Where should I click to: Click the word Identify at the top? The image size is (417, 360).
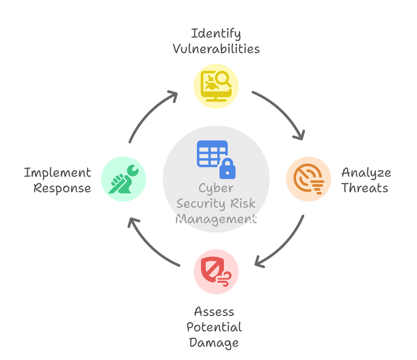[x=216, y=34]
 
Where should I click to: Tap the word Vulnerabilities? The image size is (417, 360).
[x=216, y=49]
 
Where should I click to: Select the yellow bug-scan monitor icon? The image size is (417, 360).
[x=216, y=86]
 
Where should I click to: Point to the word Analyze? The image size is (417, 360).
[x=366, y=173]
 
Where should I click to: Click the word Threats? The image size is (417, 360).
[x=365, y=188]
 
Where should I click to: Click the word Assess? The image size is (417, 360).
[x=214, y=312]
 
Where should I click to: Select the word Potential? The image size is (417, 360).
[x=214, y=327]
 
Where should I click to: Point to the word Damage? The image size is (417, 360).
[x=214, y=342]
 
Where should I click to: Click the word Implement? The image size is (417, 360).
[x=57, y=173]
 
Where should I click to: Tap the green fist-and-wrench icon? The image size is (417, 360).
[x=123, y=179]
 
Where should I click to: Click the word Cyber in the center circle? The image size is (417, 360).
[x=216, y=189]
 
